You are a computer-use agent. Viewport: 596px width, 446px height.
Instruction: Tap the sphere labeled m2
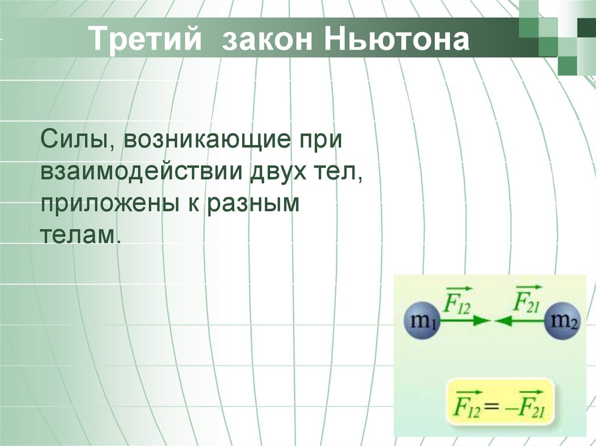tap(562, 320)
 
